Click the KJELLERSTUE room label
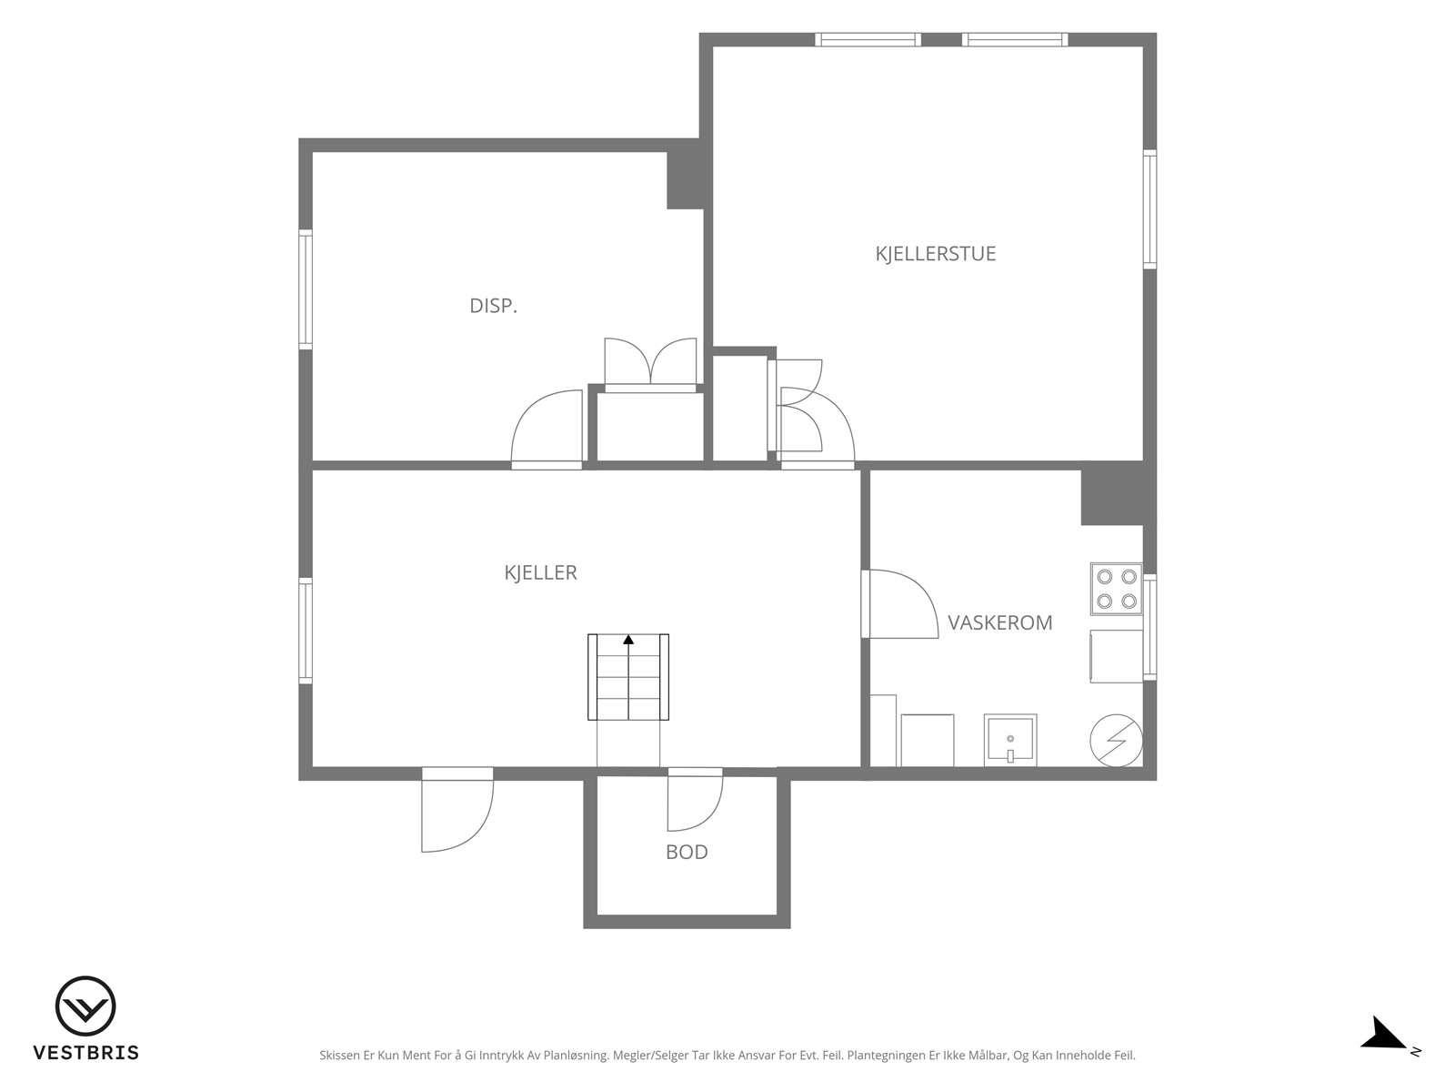click(x=936, y=254)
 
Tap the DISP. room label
click(x=493, y=306)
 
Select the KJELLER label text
click(x=540, y=572)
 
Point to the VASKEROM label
click(x=999, y=622)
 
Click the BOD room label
click(x=687, y=852)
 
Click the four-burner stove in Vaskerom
click(x=1117, y=589)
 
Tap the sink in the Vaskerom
click(x=1010, y=740)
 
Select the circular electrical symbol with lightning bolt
click(x=1117, y=741)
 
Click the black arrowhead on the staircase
click(x=628, y=640)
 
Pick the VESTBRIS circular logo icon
click(x=85, y=1006)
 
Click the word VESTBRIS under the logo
click(x=86, y=1052)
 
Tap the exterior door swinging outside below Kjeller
click(x=457, y=810)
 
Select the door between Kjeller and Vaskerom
click(x=900, y=604)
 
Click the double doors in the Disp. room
click(x=650, y=365)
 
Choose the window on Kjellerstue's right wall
click(x=1150, y=209)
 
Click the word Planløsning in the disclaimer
click(x=576, y=1056)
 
